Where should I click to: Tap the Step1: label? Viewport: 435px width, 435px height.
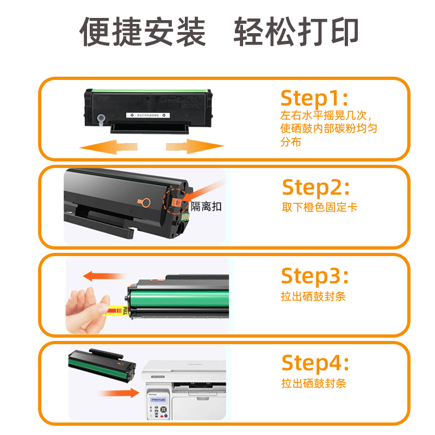pos(314,98)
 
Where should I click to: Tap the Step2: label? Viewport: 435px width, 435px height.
pos(315,188)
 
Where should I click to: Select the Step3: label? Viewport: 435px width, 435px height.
pos(314,276)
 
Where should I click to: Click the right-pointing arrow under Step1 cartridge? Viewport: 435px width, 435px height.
pos(195,146)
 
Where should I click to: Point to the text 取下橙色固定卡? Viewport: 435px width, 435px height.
pos(319,208)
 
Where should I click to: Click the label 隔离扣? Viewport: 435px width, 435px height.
pos(206,207)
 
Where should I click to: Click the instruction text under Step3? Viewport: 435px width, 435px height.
pos(313,296)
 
